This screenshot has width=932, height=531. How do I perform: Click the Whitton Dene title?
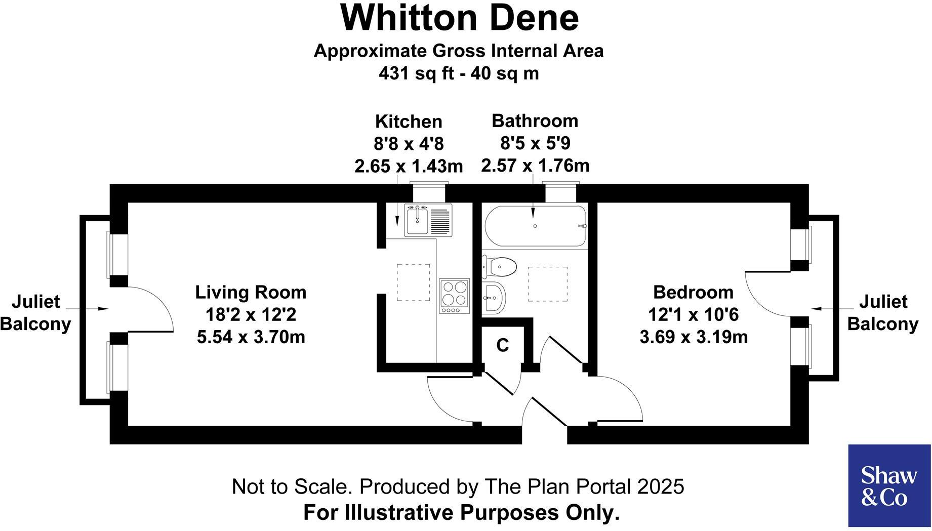pos(459,18)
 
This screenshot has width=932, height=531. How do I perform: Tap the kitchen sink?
pos(417,220)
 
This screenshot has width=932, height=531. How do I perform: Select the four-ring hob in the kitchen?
pos(454,296)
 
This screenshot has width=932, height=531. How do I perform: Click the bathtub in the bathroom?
pos(536,226)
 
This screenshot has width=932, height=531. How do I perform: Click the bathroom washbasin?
pos(493,298)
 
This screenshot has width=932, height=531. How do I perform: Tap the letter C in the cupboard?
pos(502,345)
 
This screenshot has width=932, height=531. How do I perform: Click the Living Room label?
pos(251,292)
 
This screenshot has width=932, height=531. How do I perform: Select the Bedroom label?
pos(693,292)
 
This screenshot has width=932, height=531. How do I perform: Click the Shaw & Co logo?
pos(889,485)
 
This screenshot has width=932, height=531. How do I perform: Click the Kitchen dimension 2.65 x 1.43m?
pos(408,166)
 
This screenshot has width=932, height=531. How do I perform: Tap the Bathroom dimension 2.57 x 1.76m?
pos(535,166)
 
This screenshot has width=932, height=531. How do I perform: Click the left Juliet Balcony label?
pos(35,313)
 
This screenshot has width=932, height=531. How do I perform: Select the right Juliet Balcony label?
pos(883,313)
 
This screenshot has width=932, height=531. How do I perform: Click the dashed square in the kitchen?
pos(413,282)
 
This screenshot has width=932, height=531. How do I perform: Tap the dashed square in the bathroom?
pos(547,284)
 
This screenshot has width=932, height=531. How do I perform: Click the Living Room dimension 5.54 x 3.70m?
pos(251,337)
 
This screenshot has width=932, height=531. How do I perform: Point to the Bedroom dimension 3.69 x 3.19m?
pos(693,337)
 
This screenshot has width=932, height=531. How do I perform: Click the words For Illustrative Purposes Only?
pos(461,512)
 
